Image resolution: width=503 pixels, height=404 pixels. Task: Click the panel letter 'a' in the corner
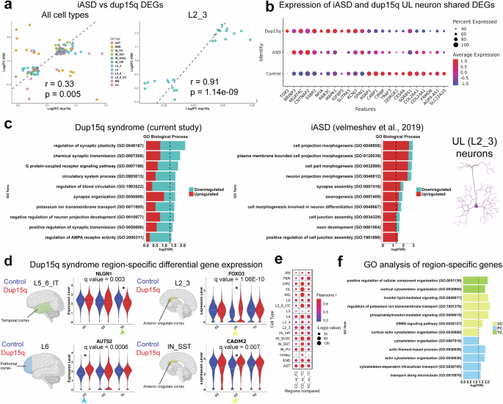6,7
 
